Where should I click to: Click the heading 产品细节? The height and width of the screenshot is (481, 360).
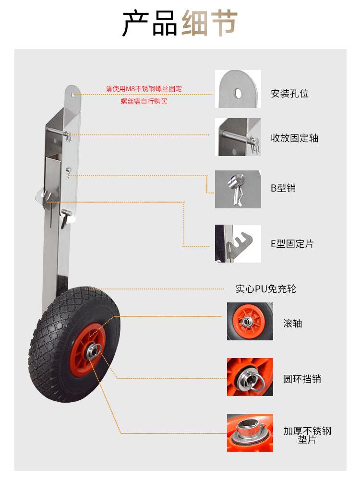(180, 24)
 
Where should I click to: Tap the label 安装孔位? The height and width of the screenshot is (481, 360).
(289, 94)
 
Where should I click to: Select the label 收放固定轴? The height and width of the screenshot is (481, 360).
(294, 138)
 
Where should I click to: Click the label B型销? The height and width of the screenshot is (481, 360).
(283, 188)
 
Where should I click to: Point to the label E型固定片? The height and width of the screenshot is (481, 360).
(292, 244)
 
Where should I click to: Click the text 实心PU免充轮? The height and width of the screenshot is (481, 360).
(265, 289)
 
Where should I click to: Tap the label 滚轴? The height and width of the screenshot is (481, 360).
(292, 323)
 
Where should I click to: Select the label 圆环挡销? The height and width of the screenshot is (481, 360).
(301, 379)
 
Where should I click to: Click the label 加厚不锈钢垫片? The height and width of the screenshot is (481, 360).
(307, 435)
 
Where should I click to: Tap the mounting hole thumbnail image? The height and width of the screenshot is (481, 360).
(238, 89)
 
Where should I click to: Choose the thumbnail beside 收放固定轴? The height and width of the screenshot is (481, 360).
(238, 137)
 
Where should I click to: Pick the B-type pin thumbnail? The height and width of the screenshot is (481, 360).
(238, 189)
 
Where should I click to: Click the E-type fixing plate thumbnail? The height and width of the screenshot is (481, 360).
(238, 243)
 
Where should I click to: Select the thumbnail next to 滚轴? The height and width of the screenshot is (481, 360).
(250, 321)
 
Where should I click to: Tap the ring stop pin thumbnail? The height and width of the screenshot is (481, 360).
(250, 377)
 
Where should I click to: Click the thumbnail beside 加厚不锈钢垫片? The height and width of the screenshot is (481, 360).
(250, 433)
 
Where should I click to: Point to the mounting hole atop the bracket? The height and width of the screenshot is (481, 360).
(72, 93)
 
